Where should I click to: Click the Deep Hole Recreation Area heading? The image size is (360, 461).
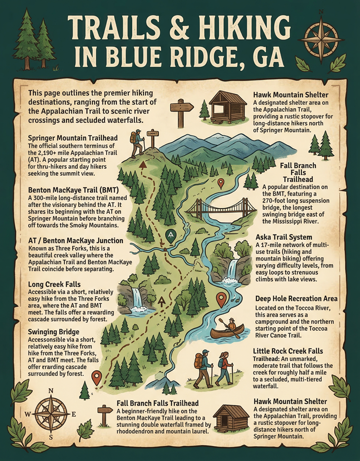pyautogui.click(x=296, y=299)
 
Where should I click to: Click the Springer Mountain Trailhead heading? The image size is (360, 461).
pyautogui.click(x=73, y=137)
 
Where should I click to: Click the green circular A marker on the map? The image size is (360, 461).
pyautogui.click(x=171, y=235)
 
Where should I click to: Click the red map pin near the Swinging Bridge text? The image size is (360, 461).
pyautogui.click(x=97, y=378)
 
